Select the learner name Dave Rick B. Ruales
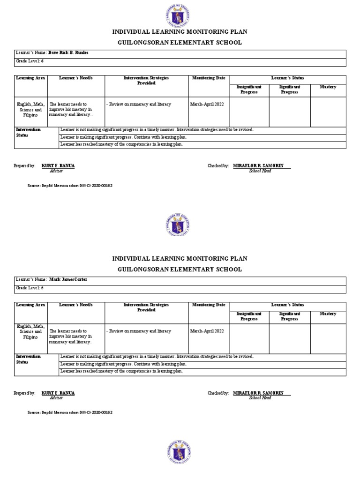(68, 53)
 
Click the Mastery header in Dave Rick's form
(328, 87)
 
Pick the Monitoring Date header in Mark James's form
(209, 305)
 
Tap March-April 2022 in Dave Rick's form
(207, 105)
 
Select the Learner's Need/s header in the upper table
(76, 78)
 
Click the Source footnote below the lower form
(70, 412)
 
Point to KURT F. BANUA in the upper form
(58, 166)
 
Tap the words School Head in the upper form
(260, 171)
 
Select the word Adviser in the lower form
(56, 398)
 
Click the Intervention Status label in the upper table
(29, 132)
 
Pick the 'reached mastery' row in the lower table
(121, 371)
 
